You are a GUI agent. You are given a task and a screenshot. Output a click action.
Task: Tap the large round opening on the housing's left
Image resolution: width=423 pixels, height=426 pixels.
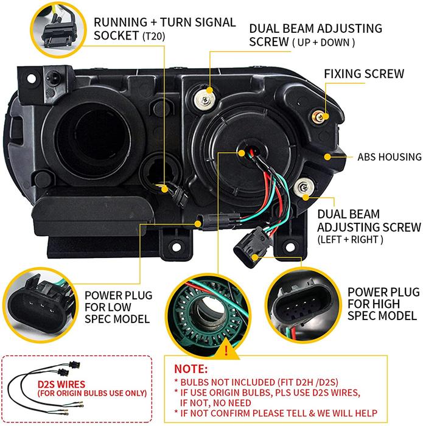tap(100, 129)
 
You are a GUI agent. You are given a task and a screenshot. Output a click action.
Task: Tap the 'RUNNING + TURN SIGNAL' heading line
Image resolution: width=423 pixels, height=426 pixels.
tap(164, 22)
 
